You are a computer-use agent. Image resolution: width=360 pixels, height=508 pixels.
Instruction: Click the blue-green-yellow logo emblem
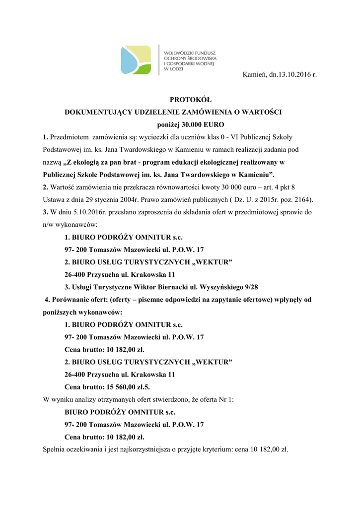tap(136, 60)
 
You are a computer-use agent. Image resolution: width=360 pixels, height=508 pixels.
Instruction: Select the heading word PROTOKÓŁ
tap(180, 100)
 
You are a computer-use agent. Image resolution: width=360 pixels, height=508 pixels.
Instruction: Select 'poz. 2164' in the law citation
tap(296, 200)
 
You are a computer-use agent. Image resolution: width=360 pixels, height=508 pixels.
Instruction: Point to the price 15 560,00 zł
tap(122, 387)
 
